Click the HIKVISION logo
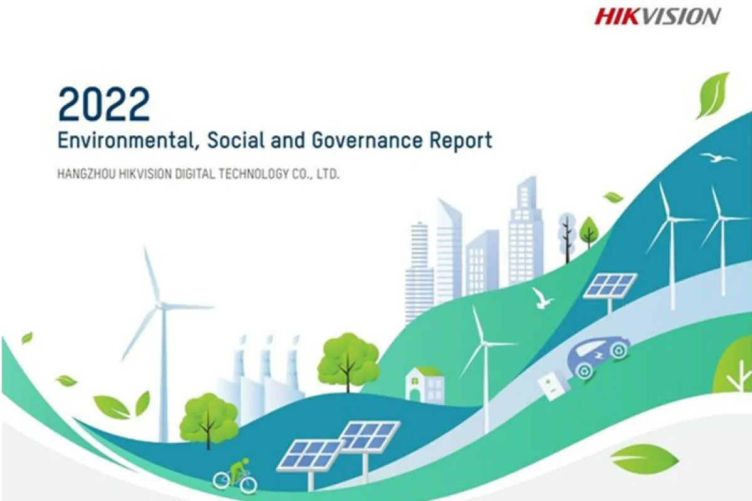[657, 16]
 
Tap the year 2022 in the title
[104, 104]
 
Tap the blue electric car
[598, 358]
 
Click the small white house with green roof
[424, 385]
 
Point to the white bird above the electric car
[541, 298]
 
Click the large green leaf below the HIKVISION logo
[713, 96]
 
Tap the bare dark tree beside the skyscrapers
[567, 237]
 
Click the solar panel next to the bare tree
[610, 286]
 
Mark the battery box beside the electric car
[553, 387]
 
